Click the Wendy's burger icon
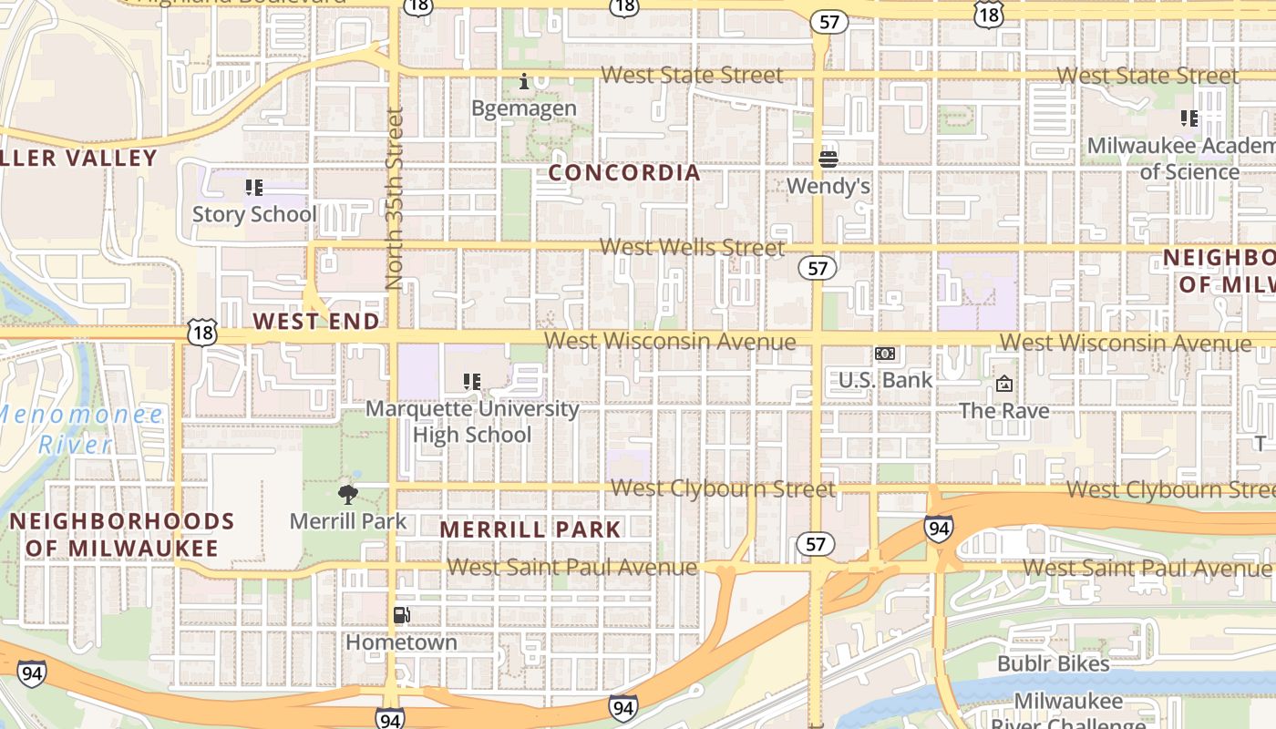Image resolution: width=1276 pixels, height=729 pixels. (x=828, y=159)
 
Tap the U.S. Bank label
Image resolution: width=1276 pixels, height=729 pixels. (x=885, y=380)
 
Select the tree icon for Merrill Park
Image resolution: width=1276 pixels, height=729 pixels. (x=347, y=495)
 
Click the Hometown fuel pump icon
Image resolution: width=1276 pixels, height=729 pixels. (x=401, y=615)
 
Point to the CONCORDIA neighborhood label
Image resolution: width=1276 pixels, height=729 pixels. (x=625, y=172)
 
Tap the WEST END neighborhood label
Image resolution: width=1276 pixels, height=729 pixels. (x=316, y=321)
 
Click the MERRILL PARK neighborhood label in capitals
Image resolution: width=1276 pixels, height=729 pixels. (x=530, y=529)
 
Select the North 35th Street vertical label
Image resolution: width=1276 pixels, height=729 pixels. (x=394, y=199)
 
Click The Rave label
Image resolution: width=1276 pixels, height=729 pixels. (x=1003, y=411)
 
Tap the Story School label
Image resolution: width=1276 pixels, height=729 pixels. (x=254, y=214)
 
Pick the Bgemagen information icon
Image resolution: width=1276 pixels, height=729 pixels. (x=524, y=82)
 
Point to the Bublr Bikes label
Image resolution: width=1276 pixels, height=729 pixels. (x=1053, y=663)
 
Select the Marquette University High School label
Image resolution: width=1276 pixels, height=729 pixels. (x=472, y=421)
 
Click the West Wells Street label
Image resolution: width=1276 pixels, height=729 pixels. (x=692, y=247)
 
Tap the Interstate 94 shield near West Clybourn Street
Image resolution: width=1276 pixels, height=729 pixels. (x=938, y=527)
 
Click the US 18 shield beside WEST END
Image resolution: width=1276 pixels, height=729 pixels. (x=202, y=333)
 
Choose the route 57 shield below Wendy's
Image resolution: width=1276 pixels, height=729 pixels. (x=816, y=268)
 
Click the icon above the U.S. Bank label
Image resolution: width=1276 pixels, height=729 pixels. (x=885, y=354)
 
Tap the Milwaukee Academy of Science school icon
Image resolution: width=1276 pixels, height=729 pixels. (x=1189, y=118)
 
